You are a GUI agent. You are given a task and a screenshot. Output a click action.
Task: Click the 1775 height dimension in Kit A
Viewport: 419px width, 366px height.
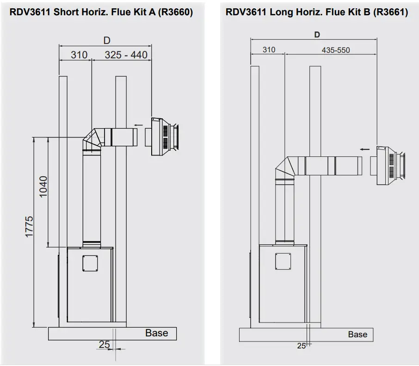click(x=29, y=227)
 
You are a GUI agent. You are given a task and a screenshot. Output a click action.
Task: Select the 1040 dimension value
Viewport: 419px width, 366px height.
click(x=43, y=186)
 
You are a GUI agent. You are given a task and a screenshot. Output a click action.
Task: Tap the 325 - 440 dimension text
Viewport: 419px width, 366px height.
click(x=126, y=55)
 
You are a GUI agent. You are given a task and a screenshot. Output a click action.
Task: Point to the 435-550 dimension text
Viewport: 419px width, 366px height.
click(x=336, y=50)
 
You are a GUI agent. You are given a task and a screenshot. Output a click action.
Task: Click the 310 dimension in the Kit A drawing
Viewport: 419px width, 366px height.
click(x=79, y=55)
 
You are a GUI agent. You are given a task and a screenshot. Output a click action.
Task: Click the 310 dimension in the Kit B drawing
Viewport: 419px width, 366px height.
click(x=269, y=50)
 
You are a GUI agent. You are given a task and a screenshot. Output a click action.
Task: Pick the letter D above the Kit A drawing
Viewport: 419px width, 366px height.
click(x=106, y=41)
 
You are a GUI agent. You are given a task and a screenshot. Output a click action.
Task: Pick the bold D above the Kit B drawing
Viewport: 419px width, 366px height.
click(x=317, y=35)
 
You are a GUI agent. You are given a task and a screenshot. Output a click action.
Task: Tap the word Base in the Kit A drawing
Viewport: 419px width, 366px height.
click(x=156, y=333)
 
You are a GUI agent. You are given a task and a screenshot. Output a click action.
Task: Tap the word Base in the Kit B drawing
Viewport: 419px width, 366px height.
click(x=357, y=334)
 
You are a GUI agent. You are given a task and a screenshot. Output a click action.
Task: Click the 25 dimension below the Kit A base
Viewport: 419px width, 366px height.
click(x=104, y=344)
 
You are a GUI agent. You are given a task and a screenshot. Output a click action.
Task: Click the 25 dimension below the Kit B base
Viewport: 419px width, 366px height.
click(x=301, y=346)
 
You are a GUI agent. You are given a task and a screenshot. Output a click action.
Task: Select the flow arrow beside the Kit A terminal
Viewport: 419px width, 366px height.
click(x=138, y=124)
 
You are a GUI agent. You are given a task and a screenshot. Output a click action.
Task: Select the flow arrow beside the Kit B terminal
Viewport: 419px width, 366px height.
click(x=365, y=149)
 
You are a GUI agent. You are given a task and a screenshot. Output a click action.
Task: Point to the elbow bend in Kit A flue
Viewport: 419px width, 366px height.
click(x=94, y=139)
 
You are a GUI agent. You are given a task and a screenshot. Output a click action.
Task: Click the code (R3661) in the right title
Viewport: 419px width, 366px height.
click(x=390, y=12)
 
